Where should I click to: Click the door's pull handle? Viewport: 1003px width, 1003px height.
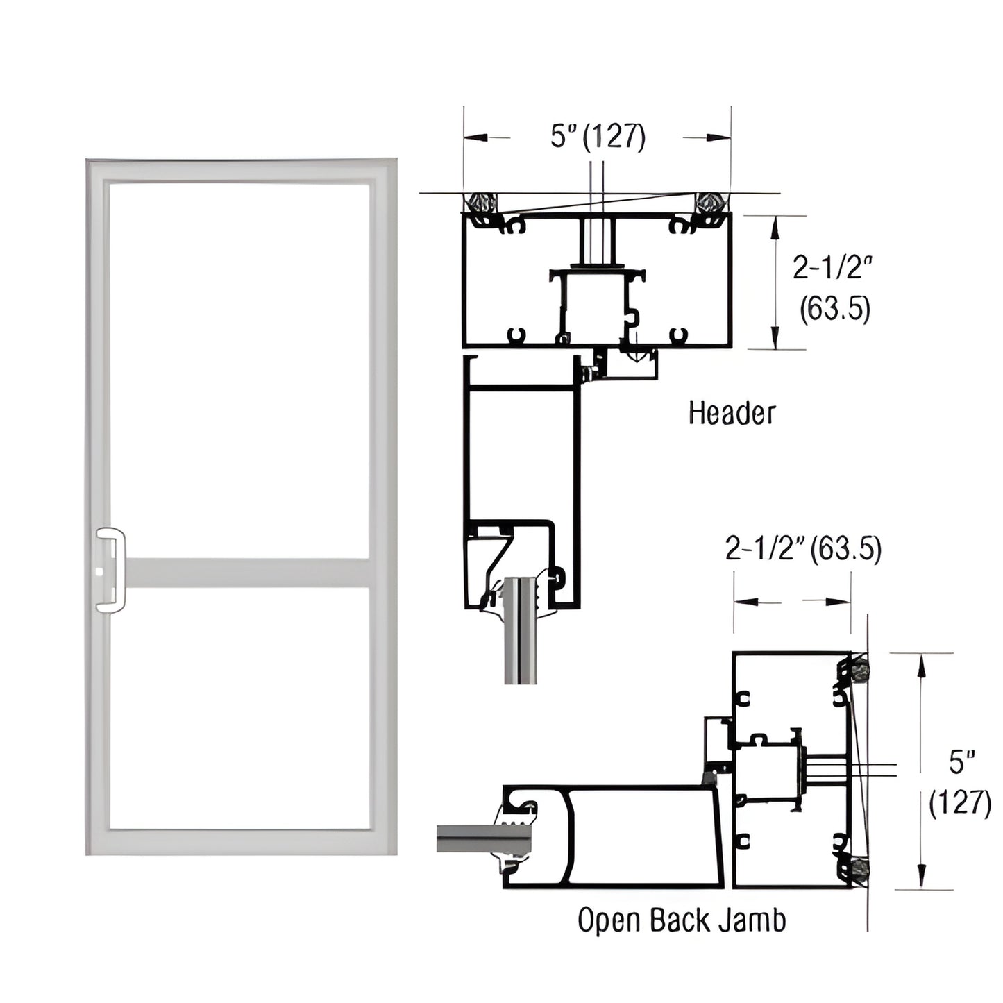(111, 571)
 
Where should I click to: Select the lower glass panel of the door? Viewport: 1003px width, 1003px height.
(239, 708)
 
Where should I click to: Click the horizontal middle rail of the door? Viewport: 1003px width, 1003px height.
(246, 573)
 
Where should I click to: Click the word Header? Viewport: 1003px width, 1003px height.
(731, 413)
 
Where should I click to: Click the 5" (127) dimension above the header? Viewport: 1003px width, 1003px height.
(598, 137)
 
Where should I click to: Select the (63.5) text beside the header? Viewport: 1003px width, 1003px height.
(834, 310)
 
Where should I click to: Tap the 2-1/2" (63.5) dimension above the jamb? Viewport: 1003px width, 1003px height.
(803, 550)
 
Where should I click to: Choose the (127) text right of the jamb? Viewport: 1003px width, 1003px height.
(960, 804)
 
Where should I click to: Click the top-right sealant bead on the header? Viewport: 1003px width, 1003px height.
(711, 203)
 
